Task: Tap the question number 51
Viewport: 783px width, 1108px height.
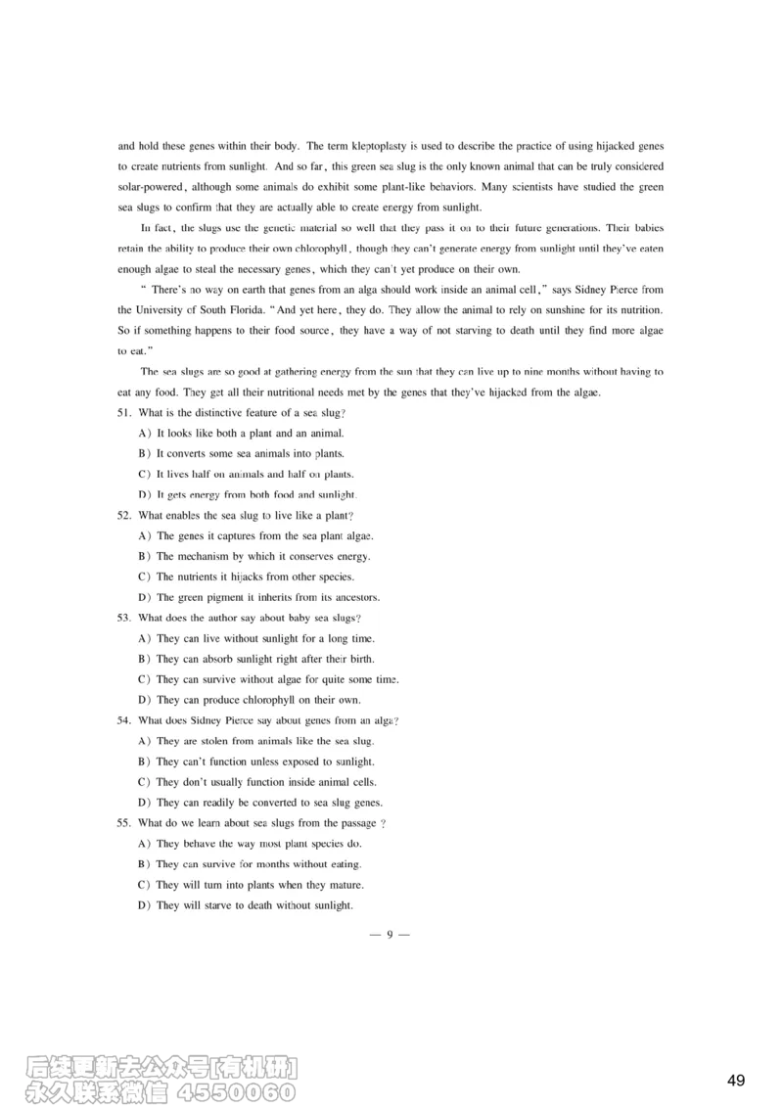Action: (124, 413)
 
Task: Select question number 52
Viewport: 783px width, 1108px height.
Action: (124, 515)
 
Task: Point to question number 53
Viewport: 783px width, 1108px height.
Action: (124, 618)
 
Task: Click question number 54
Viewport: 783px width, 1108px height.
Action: (124, 720)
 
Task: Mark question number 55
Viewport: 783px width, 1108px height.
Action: (124, 823)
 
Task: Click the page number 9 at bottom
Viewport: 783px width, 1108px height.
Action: (390, 934)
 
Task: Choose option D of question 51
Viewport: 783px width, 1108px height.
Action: (144, 494)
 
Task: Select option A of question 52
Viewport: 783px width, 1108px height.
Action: (144, 535)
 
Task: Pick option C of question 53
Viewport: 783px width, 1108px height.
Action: (144, 679)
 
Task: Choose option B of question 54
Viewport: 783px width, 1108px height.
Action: (144, 762)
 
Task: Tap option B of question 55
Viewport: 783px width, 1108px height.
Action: (144, 864)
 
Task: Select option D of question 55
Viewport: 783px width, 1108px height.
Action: (144, 905)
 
